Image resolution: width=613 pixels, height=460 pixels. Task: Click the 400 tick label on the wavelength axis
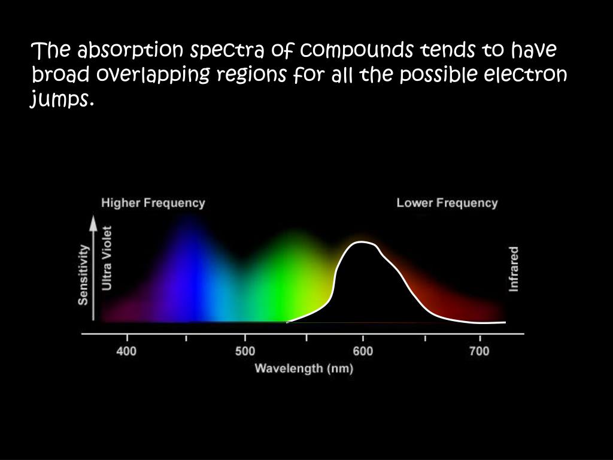pyautogui.click(x=127, y=351)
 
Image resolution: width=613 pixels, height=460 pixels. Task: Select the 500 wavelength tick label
pyautogui.click(x=245, y=351)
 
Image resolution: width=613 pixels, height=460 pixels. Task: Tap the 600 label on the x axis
pyautogui.click(x=363, y=351)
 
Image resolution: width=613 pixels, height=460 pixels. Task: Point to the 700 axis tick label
pyautogui.click(x=480, y=351)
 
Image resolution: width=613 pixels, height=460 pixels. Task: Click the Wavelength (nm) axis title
pyautogui.click(x=304, y=368)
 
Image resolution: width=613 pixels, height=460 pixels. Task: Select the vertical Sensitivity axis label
pyautogui.click(x=83, y=274)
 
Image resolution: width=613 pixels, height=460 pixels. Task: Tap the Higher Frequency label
pyautogui.click(x=153, y=203)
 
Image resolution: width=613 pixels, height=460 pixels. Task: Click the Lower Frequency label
pyautogui.click(x=447, y=203)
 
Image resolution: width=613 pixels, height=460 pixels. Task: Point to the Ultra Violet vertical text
pyautogui.click(x=107, y=258)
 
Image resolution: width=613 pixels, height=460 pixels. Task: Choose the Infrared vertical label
pyautogui.click(x=514, y=269)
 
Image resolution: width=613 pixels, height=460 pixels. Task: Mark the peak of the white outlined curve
pyautogui.click(x=360, y=242)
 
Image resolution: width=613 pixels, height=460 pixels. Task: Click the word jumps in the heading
pyautogui.click(x=62, y=99)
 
